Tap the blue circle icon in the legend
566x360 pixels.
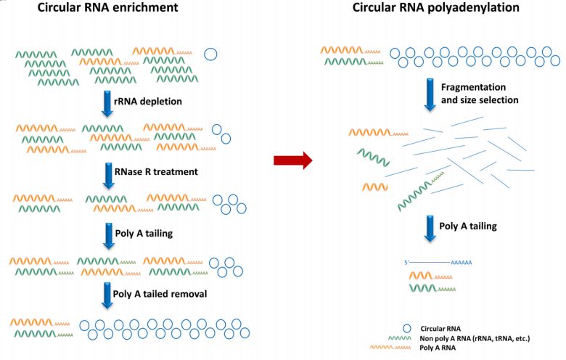(x=409, y=329)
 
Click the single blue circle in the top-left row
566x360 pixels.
(x=212, y=53)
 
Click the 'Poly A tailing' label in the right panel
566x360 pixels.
(x=468, y=226)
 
